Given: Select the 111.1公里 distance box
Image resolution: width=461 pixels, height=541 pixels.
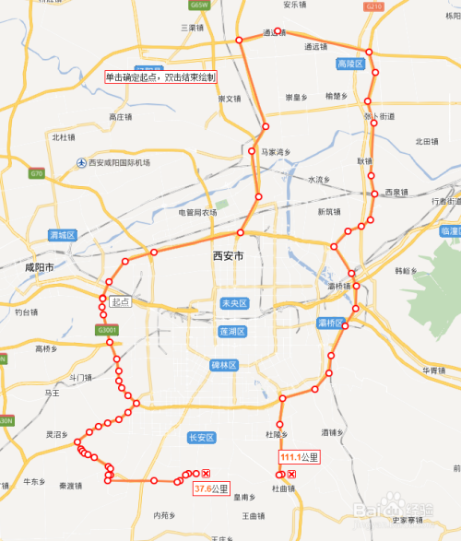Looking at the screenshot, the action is (300, 457).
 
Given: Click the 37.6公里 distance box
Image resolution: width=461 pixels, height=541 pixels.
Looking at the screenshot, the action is (211, 488).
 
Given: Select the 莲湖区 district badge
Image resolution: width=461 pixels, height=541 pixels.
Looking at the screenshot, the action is (231, 331).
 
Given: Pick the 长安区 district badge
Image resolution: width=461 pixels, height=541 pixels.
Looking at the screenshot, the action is (200, 438).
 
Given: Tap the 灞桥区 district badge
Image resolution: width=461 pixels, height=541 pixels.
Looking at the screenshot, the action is (330, 323).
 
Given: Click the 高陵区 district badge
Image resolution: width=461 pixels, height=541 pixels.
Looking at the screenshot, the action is (351, 65).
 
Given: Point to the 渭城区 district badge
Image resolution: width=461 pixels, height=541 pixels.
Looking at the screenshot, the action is (62, 235).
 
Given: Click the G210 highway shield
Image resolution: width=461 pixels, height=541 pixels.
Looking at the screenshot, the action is (373, 6).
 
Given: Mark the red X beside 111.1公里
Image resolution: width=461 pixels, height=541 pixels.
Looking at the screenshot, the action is (292, 474).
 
